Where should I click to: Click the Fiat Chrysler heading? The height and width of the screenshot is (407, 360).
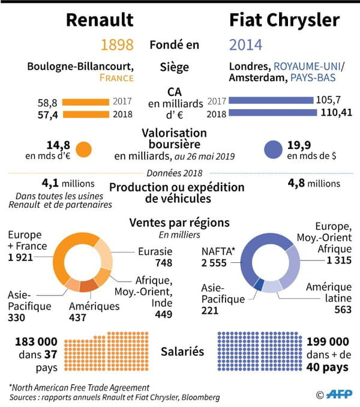click(x=284, y=20)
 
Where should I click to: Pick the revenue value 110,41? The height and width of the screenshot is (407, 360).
click(x=335, y=113)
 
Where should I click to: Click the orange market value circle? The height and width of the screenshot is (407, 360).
click(x=83, y=148)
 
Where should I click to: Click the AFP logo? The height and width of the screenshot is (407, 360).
click(x=337, y=394)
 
